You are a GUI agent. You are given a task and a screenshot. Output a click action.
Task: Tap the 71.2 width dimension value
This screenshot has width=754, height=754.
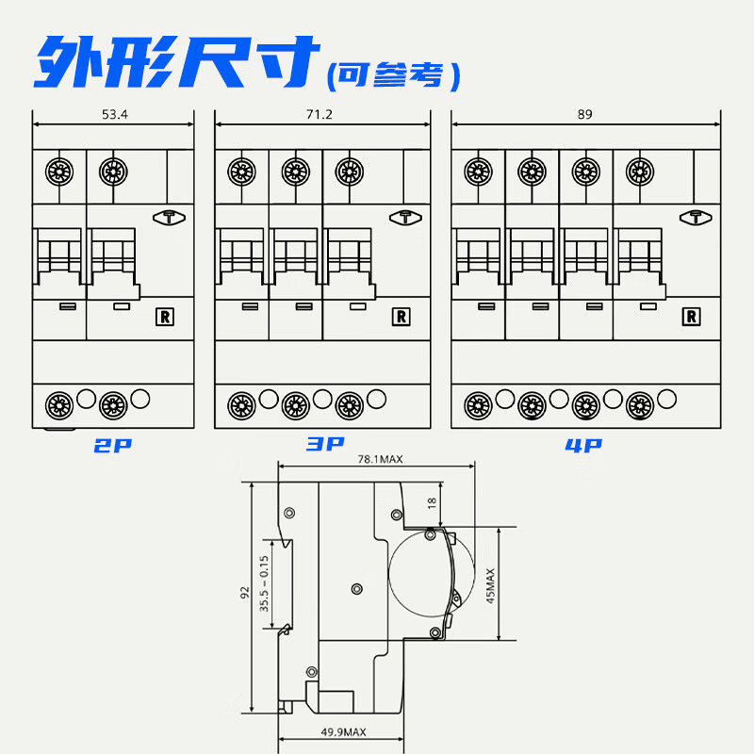321,114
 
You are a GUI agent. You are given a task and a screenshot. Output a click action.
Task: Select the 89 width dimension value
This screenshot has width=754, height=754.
586,114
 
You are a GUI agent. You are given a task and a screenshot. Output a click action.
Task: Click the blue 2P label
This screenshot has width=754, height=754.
114,446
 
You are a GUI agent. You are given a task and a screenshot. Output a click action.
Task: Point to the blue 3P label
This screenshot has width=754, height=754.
325,444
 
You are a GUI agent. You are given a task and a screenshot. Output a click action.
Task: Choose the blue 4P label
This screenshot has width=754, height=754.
583,446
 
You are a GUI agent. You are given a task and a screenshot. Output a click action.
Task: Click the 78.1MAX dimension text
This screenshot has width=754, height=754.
380,459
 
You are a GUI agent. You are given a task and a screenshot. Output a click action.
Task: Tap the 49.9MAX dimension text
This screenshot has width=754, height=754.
342,732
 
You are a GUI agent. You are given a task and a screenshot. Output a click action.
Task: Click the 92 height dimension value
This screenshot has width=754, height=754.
244,593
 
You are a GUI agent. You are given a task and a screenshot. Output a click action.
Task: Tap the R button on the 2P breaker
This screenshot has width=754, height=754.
165,317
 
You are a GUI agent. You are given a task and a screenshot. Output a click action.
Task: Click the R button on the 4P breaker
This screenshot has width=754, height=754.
692,317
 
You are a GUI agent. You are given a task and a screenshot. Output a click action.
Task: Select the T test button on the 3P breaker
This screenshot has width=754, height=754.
404,217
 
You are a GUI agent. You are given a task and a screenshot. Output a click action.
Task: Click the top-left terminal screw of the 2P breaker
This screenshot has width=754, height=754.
60,172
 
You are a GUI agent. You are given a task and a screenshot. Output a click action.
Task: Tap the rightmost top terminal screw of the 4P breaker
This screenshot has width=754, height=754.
640,172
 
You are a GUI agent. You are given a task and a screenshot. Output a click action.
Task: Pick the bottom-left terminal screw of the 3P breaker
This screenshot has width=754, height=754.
242,404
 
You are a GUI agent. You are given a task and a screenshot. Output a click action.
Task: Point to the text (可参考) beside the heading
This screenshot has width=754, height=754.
393,74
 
